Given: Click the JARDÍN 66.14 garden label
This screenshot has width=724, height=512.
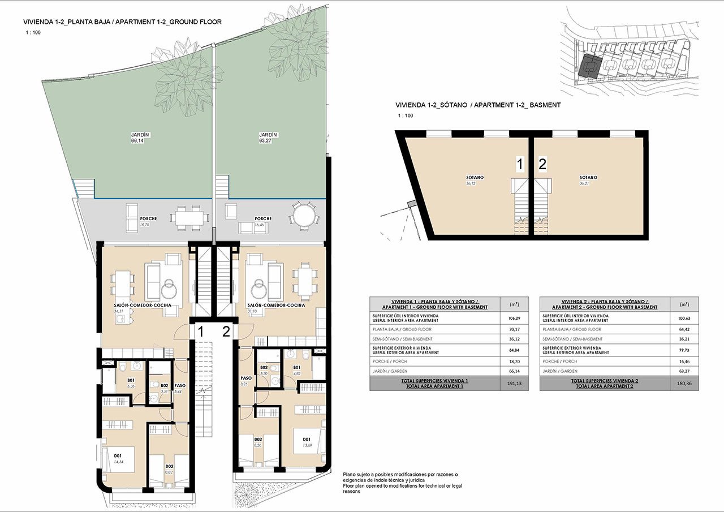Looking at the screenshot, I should [x=135, y=137].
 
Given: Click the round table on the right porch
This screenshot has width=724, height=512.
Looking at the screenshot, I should [x=301, y=216].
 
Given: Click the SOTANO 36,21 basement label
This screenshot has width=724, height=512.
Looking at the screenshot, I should [x=588, y=180].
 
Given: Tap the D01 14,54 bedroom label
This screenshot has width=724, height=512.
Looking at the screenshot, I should [x=119, y=459].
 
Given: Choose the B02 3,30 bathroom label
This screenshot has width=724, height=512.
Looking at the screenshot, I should [x=264, y=371].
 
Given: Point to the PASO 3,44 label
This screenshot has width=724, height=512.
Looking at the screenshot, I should [x=179, y=388].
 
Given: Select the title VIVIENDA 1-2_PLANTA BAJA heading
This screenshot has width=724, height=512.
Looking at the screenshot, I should [x=122, y=22].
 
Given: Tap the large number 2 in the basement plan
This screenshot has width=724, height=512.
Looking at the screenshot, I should [x=542, y=165].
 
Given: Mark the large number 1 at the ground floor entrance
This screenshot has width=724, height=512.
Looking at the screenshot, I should [x=200, y=332].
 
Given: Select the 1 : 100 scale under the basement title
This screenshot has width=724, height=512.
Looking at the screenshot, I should [x=405, y=116].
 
